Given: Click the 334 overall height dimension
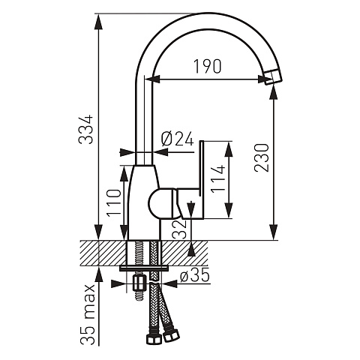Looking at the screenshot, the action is (85, 130).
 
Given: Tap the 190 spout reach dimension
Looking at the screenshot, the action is (208, 67).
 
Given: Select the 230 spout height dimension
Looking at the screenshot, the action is (262, 157).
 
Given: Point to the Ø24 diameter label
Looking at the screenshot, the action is (178, 139).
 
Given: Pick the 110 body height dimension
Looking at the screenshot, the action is (114, 203).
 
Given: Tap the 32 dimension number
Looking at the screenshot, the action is (180, 229).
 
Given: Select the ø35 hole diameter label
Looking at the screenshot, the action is (195, 276).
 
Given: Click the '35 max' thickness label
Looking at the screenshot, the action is (88, 314).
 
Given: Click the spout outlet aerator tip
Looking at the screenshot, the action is (273, 76).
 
